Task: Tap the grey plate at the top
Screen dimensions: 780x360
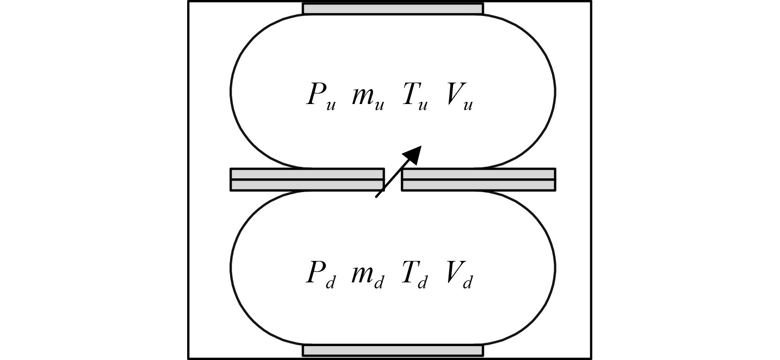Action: [392, 9]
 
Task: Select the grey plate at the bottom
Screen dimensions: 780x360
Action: [392, 351]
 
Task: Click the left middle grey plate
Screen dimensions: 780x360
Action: [307, 179]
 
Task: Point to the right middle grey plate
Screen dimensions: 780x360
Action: [478, 179]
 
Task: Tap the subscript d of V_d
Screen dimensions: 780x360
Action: [467, 282]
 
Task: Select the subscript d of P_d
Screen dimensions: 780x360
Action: [330, 282]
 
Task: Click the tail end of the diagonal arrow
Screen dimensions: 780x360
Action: [377, 195]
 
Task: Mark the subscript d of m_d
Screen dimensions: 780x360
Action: [379, 282]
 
